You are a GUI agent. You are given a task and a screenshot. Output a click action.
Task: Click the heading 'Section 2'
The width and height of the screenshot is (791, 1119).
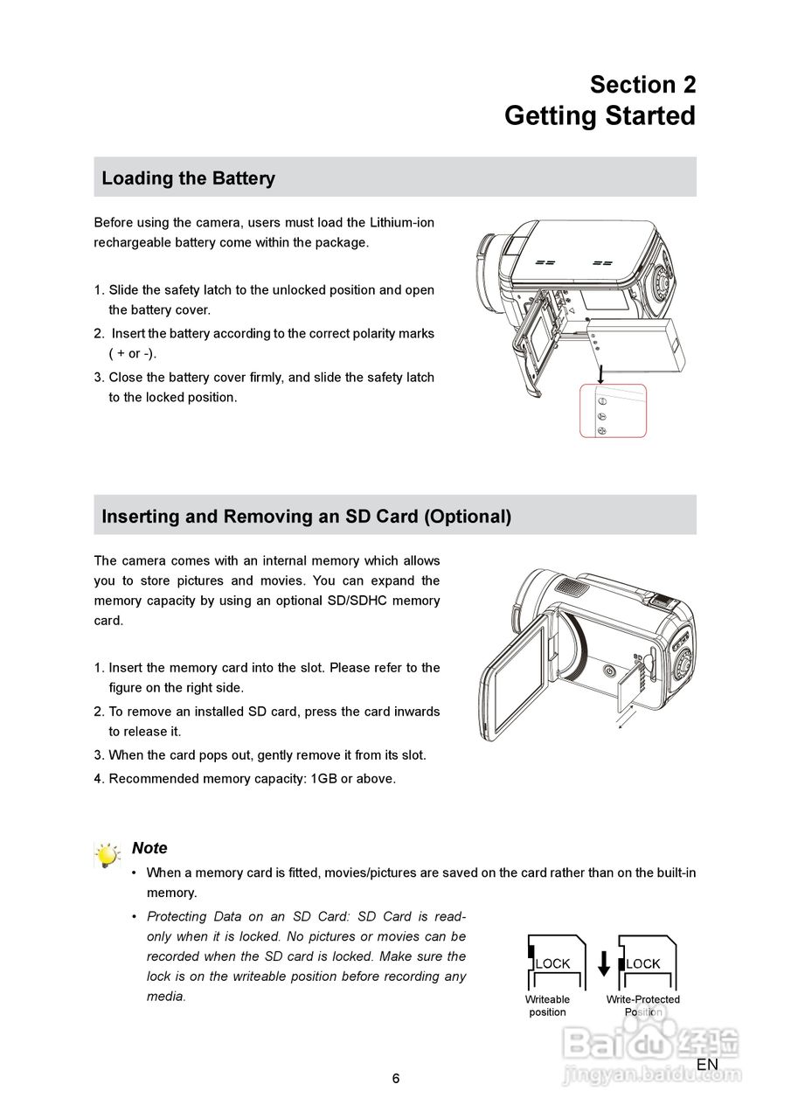(642, 85)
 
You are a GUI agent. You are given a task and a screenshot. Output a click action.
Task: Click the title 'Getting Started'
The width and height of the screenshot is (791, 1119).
(600, 116)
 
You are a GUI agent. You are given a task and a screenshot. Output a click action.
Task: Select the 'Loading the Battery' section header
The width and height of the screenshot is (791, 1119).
(188, 178)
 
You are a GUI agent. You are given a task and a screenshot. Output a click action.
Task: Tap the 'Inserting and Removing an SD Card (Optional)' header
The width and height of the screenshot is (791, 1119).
(306, 517)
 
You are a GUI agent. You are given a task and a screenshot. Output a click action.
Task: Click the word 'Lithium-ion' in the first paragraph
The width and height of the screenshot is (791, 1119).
(401, 223)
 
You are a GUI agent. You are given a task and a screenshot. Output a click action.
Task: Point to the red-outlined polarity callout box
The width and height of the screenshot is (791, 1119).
(613, 410)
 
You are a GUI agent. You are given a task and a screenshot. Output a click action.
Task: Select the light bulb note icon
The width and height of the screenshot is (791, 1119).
(107, 855)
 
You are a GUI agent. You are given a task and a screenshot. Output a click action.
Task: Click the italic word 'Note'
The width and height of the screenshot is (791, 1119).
(149, 848)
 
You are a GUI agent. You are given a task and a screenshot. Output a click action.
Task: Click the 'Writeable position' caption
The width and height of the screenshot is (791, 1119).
(547, 1006)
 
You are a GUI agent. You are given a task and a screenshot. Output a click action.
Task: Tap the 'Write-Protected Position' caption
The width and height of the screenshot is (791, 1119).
(643, 1006)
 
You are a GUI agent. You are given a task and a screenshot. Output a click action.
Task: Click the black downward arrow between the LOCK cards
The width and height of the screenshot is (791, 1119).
(604, 964)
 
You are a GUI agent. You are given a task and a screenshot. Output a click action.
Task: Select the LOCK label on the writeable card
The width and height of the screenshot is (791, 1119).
(552, 964)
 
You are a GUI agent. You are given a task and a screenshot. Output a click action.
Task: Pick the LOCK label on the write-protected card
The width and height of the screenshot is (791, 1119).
(643, 964)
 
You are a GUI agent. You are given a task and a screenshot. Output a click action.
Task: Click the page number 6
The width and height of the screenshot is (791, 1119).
(396, 1079)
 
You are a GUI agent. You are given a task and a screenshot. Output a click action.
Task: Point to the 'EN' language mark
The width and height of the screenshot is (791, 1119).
(707, 1065)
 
